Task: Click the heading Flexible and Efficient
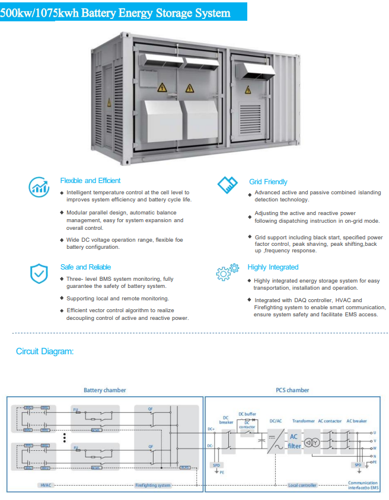point(90,181)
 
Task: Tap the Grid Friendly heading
point(268,182)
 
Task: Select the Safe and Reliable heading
point(85,267)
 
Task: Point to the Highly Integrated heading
point(273,267)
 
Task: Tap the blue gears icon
point(227,271)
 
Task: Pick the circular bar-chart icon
point(39,187)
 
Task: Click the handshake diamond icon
point(227,185)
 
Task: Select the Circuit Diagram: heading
point(45,351)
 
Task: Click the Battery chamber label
point(104,390)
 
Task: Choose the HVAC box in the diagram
point(46,485)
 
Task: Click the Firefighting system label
point(152,485)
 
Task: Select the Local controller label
point(302,485)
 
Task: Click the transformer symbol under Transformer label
point(312,443)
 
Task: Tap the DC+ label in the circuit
point(211,428)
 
